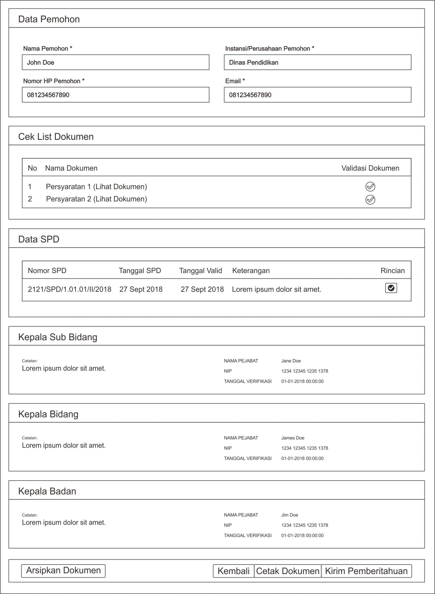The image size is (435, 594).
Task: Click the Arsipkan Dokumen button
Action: point(64,571)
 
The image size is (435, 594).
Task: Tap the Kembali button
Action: point(233,571)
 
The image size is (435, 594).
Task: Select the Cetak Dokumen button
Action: point(288,571)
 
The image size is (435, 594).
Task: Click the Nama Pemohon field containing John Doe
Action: point(115,62)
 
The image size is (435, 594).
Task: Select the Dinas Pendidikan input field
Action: point(317,62)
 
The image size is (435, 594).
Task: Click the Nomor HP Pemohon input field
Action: point(115,95)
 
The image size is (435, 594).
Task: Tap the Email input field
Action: point(317,95)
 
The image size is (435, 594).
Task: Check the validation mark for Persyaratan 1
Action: point(370,187)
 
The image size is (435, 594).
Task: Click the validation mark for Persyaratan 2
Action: point(370,200)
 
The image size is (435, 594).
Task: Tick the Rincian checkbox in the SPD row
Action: point(391,288)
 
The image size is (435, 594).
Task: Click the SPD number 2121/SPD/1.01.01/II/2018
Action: point(70,289)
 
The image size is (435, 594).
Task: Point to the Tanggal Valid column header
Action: point(200,270)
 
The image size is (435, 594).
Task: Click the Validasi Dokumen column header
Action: point(370,168)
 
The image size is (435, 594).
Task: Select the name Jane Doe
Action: point(291,361)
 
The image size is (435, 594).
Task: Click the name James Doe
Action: point(293,438)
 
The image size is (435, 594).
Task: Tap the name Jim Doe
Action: point(289,515)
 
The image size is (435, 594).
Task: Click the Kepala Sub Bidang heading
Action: point(58,337)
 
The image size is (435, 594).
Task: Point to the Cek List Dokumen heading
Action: point(56,137)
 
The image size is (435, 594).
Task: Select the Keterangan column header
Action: point(251,270)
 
